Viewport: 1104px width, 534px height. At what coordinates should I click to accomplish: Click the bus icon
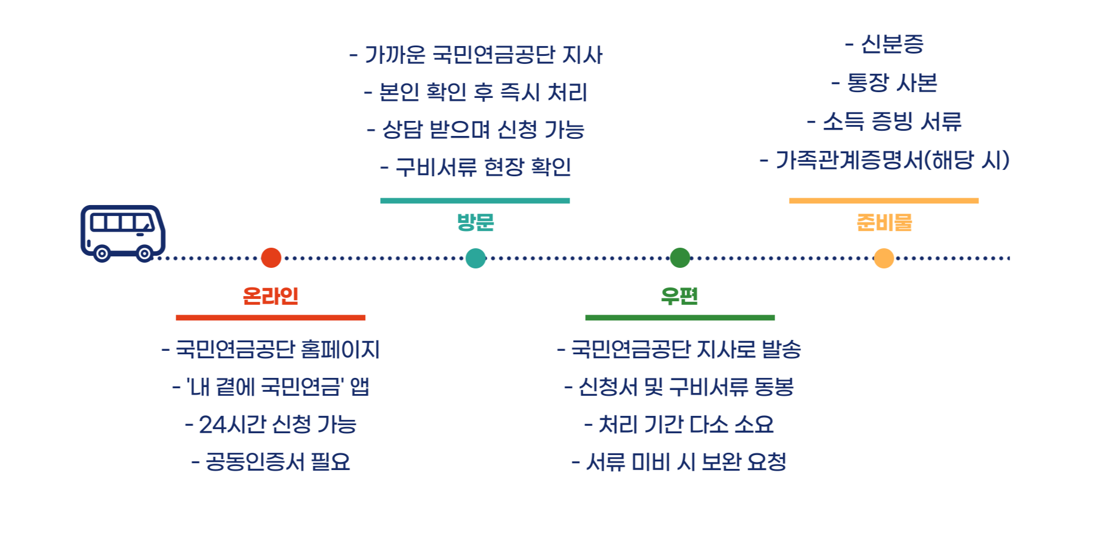(x=123, y=233)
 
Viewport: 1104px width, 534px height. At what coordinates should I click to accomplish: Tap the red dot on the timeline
(x=271, y=257)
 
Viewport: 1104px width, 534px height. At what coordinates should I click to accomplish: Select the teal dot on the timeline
(x=475, y=257)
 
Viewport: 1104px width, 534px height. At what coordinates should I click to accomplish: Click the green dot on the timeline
(x=680, y=257)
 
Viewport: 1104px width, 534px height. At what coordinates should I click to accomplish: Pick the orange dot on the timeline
(x=883, y=257)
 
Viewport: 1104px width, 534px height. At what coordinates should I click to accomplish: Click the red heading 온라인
(x=270, y=296)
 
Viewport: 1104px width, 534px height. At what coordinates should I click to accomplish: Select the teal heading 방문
(x=475, y=222)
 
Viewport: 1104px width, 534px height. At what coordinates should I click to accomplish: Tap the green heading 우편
(x=680, y=296)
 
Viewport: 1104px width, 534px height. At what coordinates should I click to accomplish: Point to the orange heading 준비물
(x=884, y=222)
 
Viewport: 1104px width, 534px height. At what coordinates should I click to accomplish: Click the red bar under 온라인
(x=270, y=317)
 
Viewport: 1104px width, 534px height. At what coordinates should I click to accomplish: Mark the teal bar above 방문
(x=475, y=200)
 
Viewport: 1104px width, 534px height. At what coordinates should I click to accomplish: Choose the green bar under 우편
(x=680, y=317)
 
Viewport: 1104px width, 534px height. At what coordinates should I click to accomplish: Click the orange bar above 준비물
(x=883, y=200)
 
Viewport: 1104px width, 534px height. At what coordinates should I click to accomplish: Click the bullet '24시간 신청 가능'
(x=271, y=425)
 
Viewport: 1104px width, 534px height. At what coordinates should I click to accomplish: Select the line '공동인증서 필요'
(x=271, y=462)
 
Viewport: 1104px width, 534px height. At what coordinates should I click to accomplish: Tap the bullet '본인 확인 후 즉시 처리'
(x=476, y=92)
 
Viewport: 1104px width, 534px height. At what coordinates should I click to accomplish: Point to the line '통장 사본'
(x=885, y=83)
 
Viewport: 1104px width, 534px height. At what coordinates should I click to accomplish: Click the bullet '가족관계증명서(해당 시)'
(x=885, y=160)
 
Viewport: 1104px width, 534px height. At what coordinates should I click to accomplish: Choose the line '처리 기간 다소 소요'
(x=680, y=425)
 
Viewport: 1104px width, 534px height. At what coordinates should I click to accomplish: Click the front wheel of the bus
(x=145, y=253)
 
